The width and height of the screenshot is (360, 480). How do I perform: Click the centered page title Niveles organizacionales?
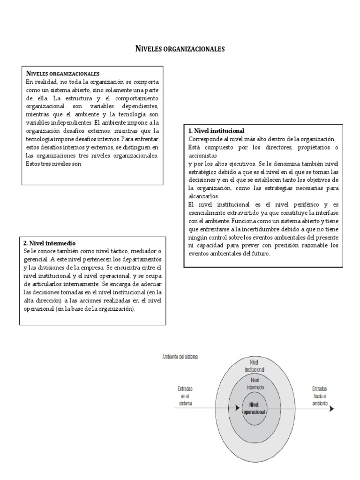pyautogui.click(x=180, y=48)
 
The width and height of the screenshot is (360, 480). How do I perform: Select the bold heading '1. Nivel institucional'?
pyautogui.click(x=216, y=131)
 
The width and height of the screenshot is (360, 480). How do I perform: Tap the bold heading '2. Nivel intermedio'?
pyautogui.click(x=49, y=243)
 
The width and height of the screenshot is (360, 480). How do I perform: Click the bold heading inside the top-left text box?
pyautogui.click(x=62, y=74)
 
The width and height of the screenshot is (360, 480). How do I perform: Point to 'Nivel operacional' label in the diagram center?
pyautogui.click(x=254, y=408)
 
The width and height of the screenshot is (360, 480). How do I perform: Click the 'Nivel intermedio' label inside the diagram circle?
pyautogui.click(x=254, y=384)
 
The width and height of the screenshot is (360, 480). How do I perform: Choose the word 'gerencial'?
pyautogui.click(x=36, y=259)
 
